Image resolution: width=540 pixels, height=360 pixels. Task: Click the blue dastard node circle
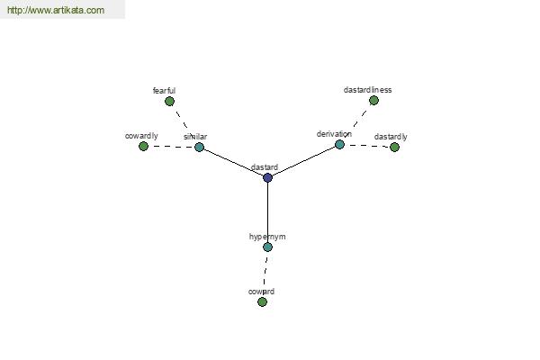click(267, 178)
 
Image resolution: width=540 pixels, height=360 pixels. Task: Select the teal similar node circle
click(200, 147)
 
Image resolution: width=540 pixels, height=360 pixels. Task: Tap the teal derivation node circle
click(339, 144)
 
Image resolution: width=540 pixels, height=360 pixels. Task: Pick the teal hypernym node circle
click(267, 247)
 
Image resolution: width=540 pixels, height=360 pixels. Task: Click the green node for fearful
click(169, 102)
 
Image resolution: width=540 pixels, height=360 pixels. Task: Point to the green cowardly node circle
click(143, 147)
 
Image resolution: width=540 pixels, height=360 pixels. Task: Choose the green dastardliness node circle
click(373, 101)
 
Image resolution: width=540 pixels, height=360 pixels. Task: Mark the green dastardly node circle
click(394, 148)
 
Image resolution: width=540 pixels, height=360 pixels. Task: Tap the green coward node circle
click(262, 301)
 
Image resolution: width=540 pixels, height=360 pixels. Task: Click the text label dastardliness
click(367, 90)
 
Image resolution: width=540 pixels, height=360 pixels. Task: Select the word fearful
click(164, 91)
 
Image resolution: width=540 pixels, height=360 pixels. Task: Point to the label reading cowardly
click(141, 136)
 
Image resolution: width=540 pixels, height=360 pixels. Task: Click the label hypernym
click(267, 237)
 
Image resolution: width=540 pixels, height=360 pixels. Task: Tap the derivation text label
click(334, 134)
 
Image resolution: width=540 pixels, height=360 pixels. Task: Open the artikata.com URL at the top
click(56, 10)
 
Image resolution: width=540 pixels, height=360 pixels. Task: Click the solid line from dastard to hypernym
click(267, 212)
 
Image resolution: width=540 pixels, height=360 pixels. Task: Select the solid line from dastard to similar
click(233, 163)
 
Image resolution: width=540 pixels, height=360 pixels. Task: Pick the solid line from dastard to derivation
click(303, 161)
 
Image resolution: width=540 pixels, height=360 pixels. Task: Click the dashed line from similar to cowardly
click(172, 147)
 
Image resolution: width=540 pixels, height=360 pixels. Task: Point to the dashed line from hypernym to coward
click(265, 274)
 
